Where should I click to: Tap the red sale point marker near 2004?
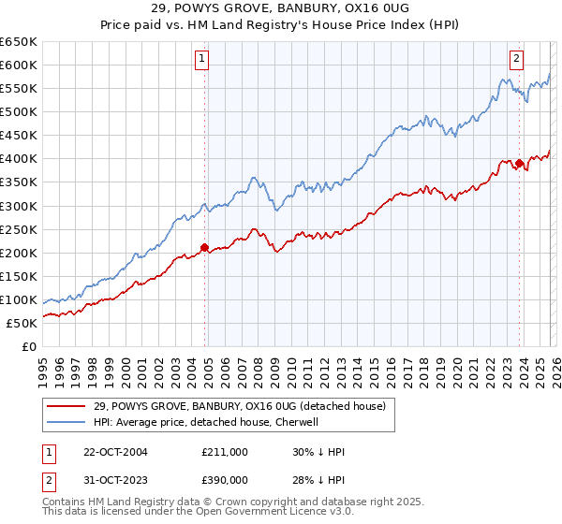[x=204, y=248]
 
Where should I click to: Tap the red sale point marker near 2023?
[x=519, y=164]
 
